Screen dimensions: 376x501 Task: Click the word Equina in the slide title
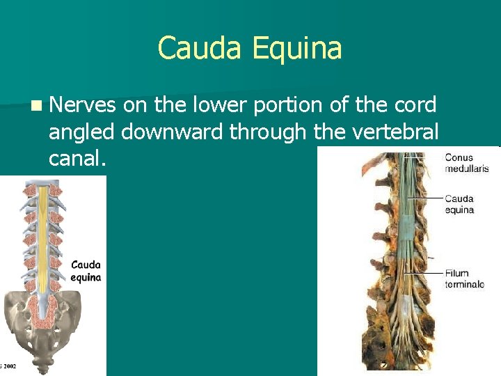tap(297, 49)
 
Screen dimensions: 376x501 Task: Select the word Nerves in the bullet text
tap(82, 105)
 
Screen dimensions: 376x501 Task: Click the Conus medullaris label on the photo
tap(467, 163)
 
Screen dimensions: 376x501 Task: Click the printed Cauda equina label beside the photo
tap(459, 204)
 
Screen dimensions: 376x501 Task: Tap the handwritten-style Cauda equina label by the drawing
tap(86, 271)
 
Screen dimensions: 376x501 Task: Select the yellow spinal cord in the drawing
tap(43, 230)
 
